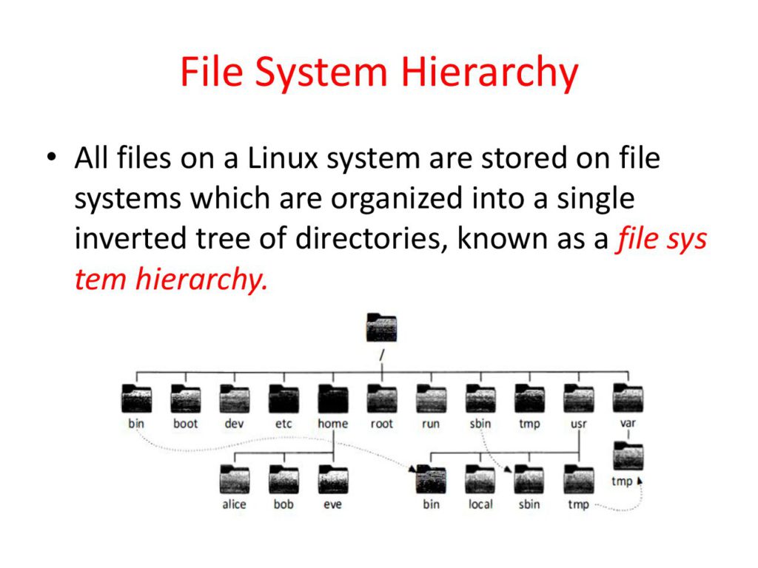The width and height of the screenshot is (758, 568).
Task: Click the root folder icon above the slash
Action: coord(381,328)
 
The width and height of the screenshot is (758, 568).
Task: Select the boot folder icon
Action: coord(185,399)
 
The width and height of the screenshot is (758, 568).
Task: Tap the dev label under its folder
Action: coord(234,424)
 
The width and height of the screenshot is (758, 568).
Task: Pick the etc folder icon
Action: coord(283,399)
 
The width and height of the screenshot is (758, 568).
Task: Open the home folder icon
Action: coord(332,399)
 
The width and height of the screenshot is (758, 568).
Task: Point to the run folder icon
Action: coord(430,399)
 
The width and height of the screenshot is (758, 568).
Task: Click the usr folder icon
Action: coord(578,399)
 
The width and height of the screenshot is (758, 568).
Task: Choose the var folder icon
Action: coord(628,399)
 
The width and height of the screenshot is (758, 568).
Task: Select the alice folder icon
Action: coord(234,480)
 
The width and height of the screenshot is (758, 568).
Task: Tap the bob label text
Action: coord(283,504)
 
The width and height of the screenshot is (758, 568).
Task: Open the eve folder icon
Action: coord(332,480)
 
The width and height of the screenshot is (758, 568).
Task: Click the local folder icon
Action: coord(480,480)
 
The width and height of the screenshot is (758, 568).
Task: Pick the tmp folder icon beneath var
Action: coord(628,456)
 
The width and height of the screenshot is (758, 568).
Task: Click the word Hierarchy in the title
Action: coord(489,74)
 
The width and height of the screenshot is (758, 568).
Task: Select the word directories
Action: coord(369,239)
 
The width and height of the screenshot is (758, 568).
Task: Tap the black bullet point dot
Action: coord(50,158)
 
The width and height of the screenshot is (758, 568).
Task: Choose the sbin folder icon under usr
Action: coord(529,480)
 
